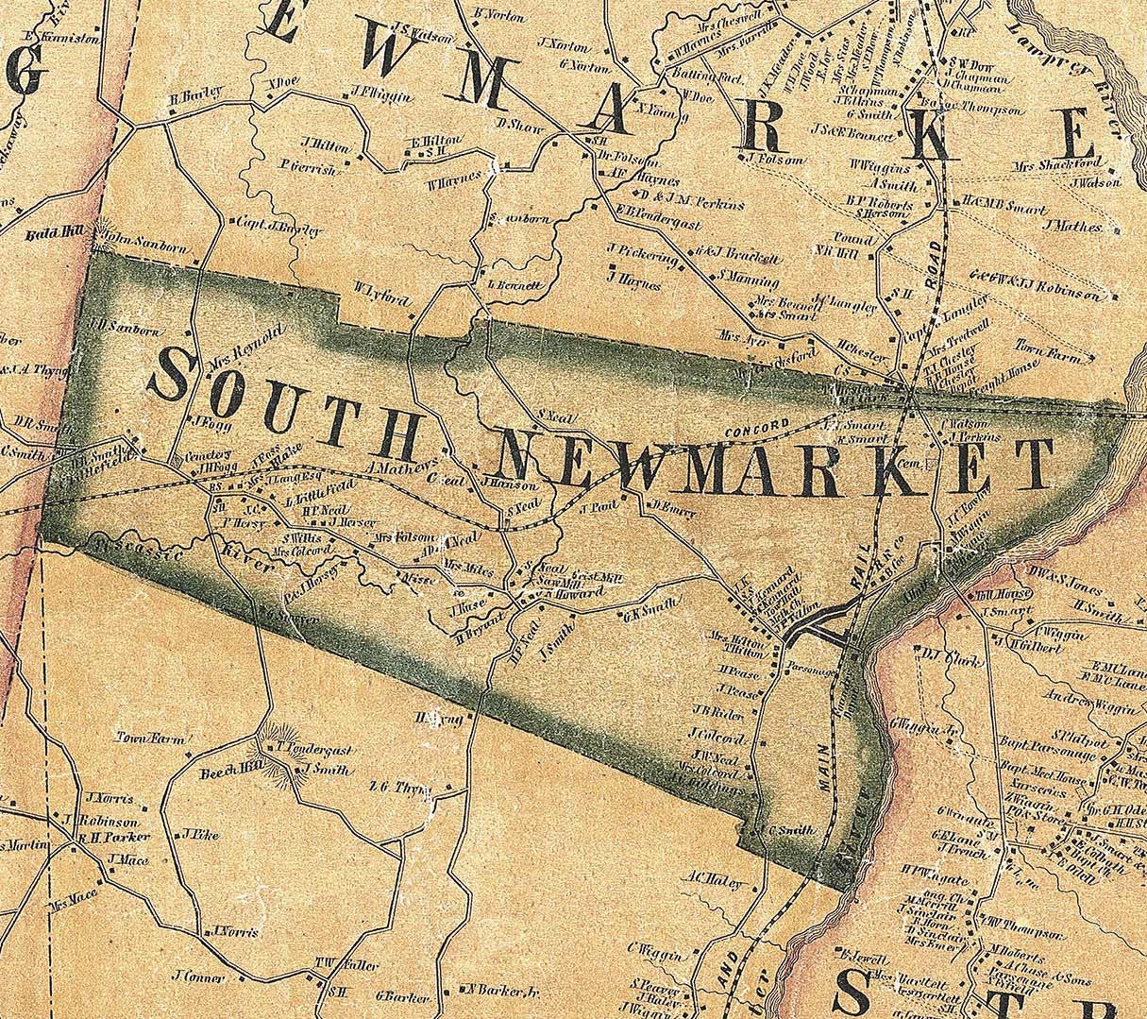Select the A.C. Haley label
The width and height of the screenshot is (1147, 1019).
click(x=719, y=881)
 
